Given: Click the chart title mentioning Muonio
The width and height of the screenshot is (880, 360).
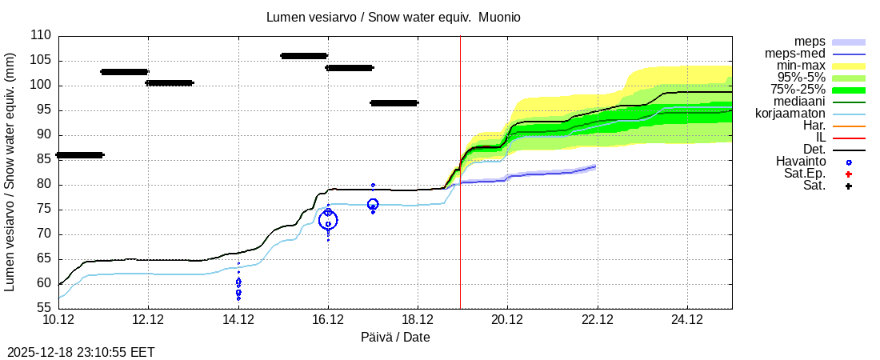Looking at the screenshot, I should tap(394, 17).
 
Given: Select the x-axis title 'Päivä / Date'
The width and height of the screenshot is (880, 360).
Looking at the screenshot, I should tap(394, 338).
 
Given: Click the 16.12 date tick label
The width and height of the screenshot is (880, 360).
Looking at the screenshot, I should tap(327, 320).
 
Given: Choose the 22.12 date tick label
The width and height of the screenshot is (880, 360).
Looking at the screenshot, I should tap(597, 320).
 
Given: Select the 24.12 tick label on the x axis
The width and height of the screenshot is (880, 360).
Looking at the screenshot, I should tap(687, 320).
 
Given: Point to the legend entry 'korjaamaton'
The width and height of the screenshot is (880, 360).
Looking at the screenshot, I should tap(790, 114).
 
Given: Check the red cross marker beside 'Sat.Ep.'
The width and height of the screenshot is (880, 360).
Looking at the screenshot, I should tap(849, 174).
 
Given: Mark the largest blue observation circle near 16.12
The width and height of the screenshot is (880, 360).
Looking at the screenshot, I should tap(328, 220).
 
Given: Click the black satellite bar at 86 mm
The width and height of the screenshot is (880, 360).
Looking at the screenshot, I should tap(79, 154).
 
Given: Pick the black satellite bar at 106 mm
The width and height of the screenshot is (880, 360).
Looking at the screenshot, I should tap(304, 56).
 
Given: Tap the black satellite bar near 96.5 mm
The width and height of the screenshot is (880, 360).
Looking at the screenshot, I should tap(394, 103).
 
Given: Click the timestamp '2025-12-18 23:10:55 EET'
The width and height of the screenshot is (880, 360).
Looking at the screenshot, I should tap(81, 352).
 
